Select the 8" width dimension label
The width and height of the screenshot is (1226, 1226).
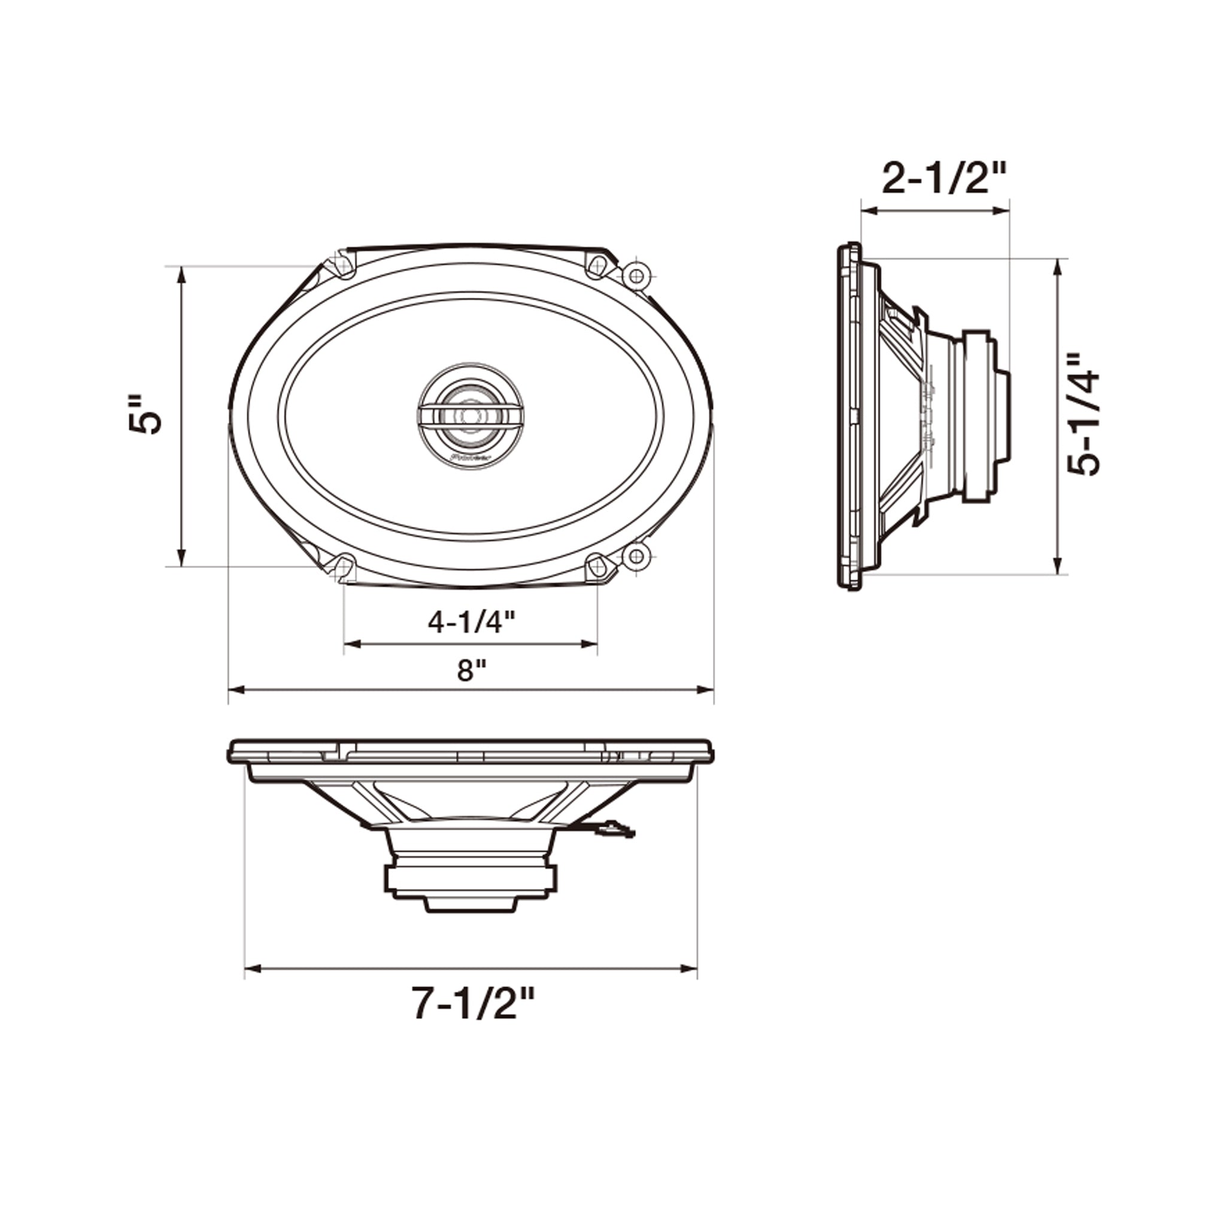point(471,670)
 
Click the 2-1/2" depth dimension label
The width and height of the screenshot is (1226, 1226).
point(944,180)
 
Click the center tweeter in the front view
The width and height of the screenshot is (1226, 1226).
point(470,415)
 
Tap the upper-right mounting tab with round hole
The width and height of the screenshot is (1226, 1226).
point(636,275)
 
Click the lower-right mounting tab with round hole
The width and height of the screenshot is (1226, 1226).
point(636,557)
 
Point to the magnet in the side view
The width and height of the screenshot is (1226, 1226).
point(977,415)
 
